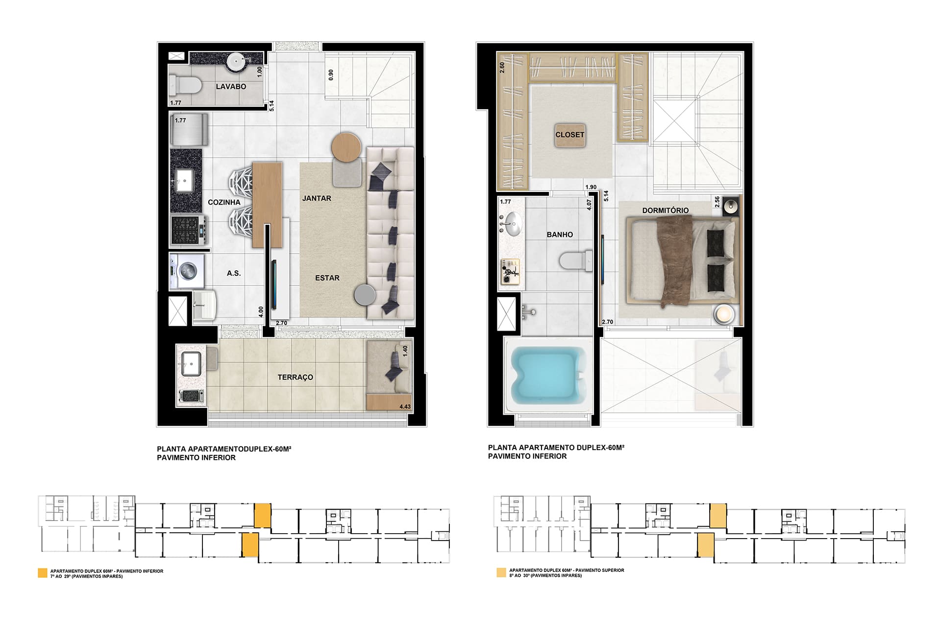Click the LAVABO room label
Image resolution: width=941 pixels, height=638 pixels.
pos(231,87)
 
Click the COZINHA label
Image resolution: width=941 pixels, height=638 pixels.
pos(224,202)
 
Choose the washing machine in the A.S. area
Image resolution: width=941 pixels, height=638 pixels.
pos(187,271)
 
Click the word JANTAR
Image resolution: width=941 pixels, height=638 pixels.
pos(317,198)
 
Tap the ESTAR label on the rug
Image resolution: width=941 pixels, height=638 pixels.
pos(327,278)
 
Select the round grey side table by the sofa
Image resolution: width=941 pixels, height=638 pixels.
pos(365,295)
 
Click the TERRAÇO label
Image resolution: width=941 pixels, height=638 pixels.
pos(296,378)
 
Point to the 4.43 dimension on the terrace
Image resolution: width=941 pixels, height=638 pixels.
pos(405,406)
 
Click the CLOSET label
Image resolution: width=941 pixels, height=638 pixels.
pos(570,135)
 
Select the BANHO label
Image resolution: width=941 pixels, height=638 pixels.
pos(560,235)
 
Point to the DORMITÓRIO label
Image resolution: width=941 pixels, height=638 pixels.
pos(666,211)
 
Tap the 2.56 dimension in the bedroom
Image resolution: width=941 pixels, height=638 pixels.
pos(718,202)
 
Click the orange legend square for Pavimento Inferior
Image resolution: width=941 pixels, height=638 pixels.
pos(43,573)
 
